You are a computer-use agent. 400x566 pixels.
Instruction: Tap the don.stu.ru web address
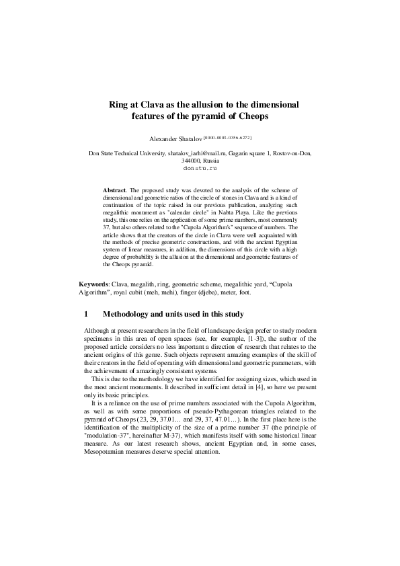pyautogui.click(x=200, y=169)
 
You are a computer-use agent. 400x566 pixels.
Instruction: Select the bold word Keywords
pyautogui.click(x=93, y=285)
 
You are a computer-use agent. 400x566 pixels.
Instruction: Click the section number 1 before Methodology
pyautogui.click(x=86, y=314)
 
